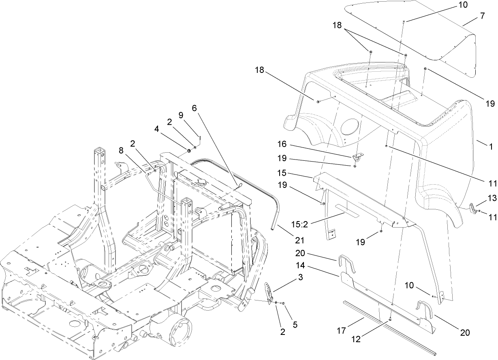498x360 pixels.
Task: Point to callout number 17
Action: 341,331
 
